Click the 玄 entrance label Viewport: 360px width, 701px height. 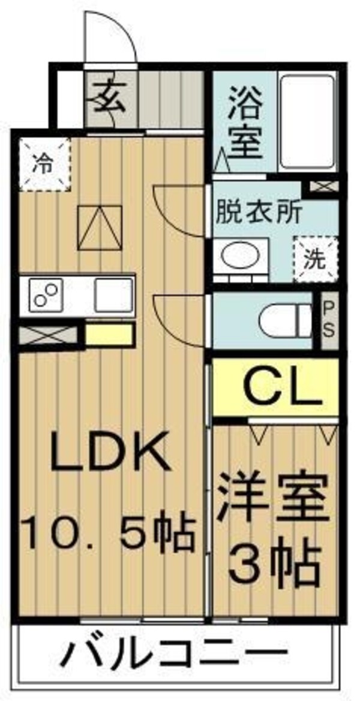[x=108, y=98]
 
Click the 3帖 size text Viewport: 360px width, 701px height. [x=274, y=564]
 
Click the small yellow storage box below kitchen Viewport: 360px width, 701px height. [x=109, y=335]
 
